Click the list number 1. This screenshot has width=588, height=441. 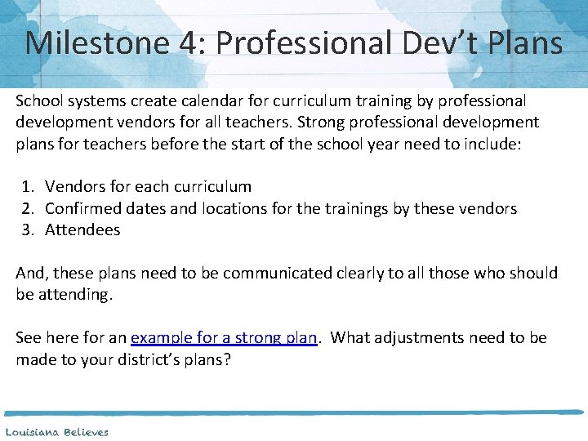pos(28,187)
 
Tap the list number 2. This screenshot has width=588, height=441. pos(28,208)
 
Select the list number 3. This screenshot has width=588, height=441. pos(28,229)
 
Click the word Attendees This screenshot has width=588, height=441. pos(82,229)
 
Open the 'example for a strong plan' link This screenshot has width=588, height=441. pos(223,337)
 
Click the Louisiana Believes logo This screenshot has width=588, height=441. pos(56,431)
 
